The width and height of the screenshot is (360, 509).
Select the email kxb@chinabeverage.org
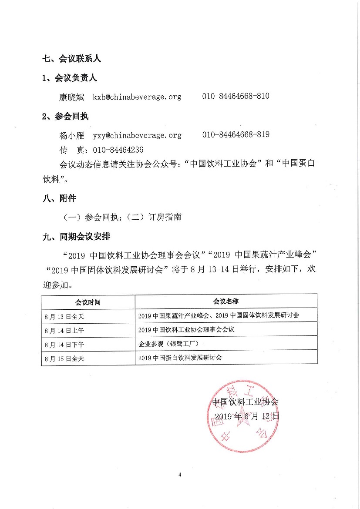pos(137,97)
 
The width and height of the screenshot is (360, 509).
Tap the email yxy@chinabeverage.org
pos(137,135)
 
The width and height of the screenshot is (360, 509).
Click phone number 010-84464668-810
pos(236,96)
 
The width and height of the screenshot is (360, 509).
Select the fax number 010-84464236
pos(116,150)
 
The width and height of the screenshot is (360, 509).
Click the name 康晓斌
pos(72,97)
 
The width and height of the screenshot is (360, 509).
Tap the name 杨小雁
pos(72,135)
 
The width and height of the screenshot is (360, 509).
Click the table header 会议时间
pos(88,302)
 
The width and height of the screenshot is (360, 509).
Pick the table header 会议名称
pos(225,301)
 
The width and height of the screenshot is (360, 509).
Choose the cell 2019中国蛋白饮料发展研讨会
pos(180,358)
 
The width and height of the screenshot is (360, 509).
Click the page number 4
pos(179,474)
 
